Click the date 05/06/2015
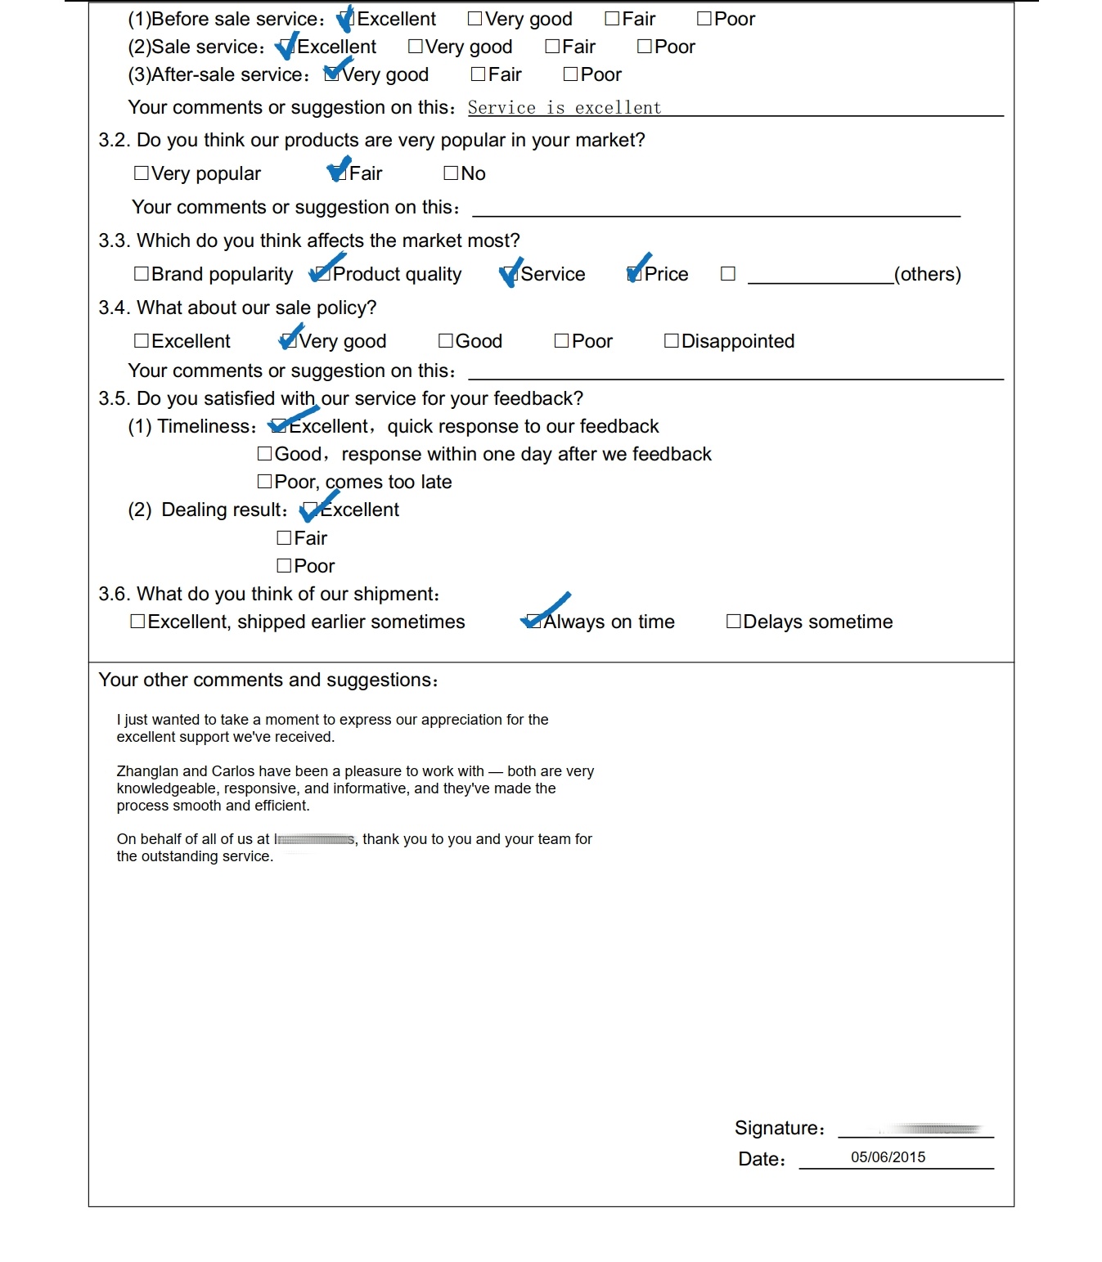point(888,1157)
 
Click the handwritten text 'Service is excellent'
point(564,108)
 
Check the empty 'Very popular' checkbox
point(142,173)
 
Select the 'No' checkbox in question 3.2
point(451,173)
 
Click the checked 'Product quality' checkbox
point(324,274)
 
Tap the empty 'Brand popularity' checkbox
point(142,274)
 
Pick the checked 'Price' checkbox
point(635,274)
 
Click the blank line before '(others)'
point(820,276)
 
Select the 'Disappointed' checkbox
point(672,341)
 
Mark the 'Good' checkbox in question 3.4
point(446,341)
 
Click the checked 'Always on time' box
point(534,622)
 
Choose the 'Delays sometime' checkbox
point(734,622)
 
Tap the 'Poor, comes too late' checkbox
point(265,482)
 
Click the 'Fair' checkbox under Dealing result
point(285,538)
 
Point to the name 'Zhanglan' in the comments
point(147,771)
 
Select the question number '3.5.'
point(115,399)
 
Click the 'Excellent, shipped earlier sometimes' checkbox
point(138,622)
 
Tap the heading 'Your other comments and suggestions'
point(268,680)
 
